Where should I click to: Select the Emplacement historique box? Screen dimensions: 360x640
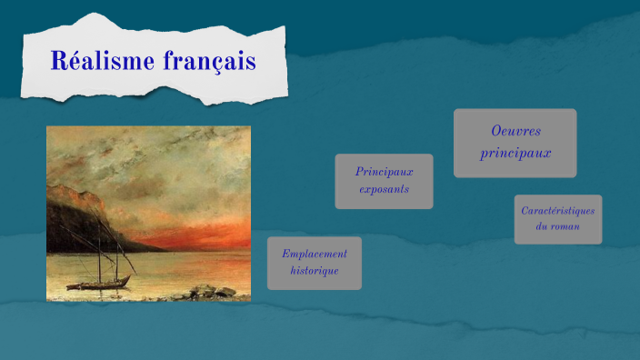point(314,263)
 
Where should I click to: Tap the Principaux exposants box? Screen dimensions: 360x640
point(384,181)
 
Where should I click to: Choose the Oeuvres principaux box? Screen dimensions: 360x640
point(515,143)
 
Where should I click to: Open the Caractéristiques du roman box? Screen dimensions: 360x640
point(557,218)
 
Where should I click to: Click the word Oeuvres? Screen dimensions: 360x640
point(515,133)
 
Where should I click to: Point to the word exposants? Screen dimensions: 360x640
point(384,190)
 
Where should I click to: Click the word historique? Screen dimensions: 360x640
point(314,271)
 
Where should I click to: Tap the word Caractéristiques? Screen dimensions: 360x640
point(557,211)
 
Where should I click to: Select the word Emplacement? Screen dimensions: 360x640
point(314,254)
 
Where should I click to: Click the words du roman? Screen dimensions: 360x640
point(557,225)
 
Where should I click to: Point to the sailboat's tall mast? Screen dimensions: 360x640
point(98,245)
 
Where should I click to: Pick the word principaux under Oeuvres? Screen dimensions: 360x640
point(515,153)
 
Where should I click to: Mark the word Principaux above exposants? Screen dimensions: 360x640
point(384,171)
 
